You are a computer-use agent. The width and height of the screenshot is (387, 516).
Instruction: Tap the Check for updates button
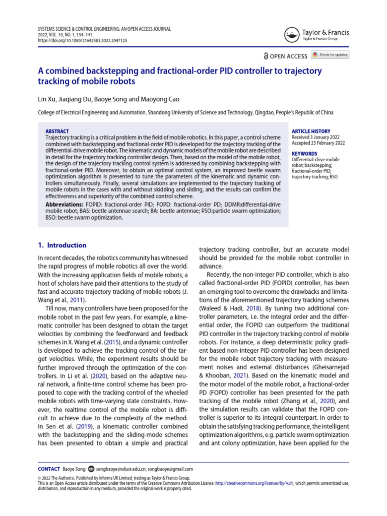pos(330,54)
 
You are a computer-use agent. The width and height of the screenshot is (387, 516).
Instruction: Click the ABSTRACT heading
pos(57,132)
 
